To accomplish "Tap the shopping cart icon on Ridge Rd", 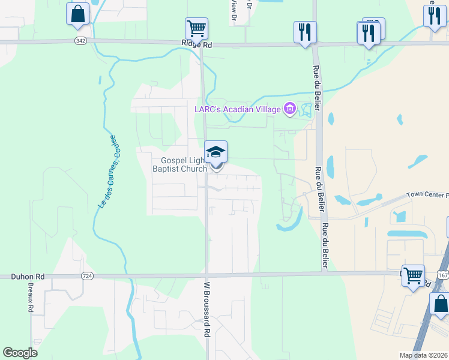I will coord(196,28).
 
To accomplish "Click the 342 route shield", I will coord(80,41).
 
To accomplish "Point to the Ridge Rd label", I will coord(197,44).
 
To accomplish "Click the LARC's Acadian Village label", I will coord(238,109).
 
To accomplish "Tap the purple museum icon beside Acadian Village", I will coord(290,109).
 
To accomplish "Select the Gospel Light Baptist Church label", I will coord(184,164).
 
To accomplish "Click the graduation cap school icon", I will coord(216,152).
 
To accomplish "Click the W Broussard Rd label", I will coord(206,309).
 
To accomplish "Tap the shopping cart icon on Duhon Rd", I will coord(413,276).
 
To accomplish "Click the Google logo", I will coord(20,353).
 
